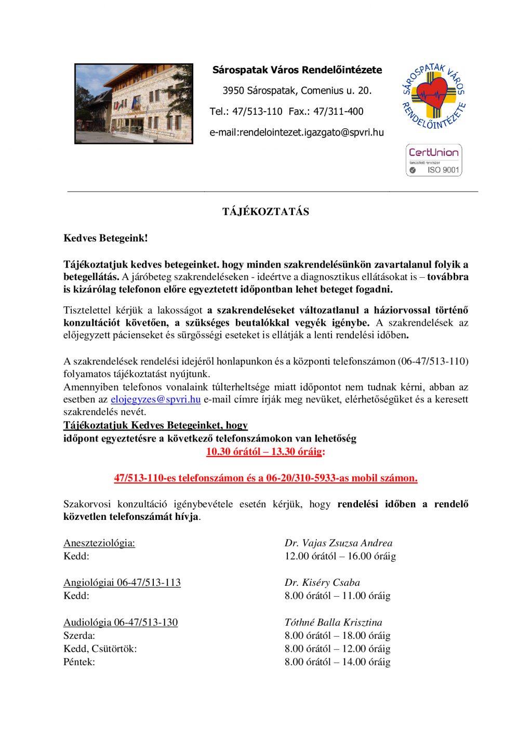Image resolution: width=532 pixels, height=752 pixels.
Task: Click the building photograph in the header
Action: pyautogui.click(x=134, y=104)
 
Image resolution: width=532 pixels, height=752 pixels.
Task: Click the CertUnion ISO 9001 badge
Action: pyautogui.click(x=434, y=160)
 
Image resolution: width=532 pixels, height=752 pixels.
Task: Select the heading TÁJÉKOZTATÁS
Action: pyautogui.click(x=265, y=212)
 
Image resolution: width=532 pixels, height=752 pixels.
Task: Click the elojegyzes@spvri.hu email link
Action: pyautogui.click(x=155, y=399)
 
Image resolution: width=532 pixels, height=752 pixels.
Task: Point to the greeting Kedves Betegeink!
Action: pyautogui.click(x=105, y=238)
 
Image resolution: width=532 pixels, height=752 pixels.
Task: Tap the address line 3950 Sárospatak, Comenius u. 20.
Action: pyautogui.click(x=297, y=90)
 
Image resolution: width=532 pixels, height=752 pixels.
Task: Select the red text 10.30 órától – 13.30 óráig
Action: pyautogui.click(x=265, y=451)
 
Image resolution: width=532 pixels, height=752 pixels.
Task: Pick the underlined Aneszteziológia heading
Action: pyautogui.click(x=99, y=543)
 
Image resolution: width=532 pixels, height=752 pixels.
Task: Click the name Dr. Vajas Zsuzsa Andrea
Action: pyautogui.click(x=338, y=543)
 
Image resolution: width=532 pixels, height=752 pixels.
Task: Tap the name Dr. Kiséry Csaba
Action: pyautogui.click(x=322, y=582)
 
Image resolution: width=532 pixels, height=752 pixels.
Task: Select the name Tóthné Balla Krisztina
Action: pyautogui.click(x=333, y=622)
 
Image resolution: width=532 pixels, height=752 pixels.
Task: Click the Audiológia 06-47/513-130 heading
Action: pyautogui.click(x=121, y=622)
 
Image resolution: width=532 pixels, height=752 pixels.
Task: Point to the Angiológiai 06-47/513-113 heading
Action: pyautogui.click(x=122, y=582)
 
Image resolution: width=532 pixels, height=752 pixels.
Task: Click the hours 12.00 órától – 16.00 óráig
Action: pyautogui.click(x=340, y=556)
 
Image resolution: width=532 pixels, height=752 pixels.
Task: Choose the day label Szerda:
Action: pyautogui.click(x=79, y=636)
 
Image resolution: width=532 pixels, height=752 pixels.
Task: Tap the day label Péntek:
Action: pyautogui.click(x=79, y=662)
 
